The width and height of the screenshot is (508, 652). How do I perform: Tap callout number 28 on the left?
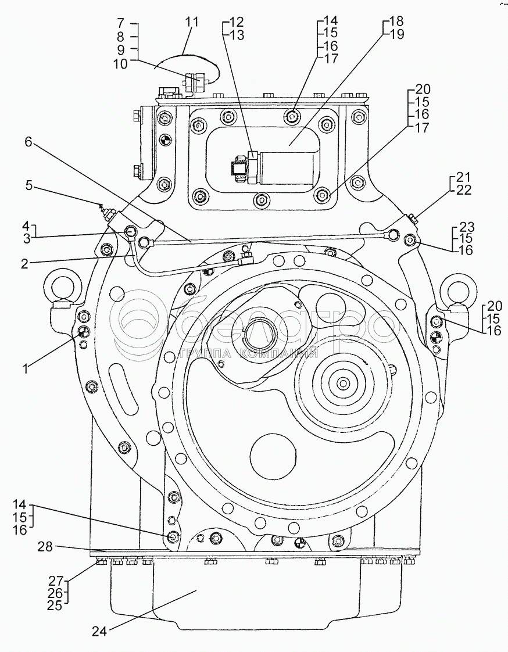click(46, 547)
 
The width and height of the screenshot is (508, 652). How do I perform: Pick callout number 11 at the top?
click(191, 22)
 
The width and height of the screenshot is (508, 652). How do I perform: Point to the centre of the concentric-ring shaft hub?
click(343, 384)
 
